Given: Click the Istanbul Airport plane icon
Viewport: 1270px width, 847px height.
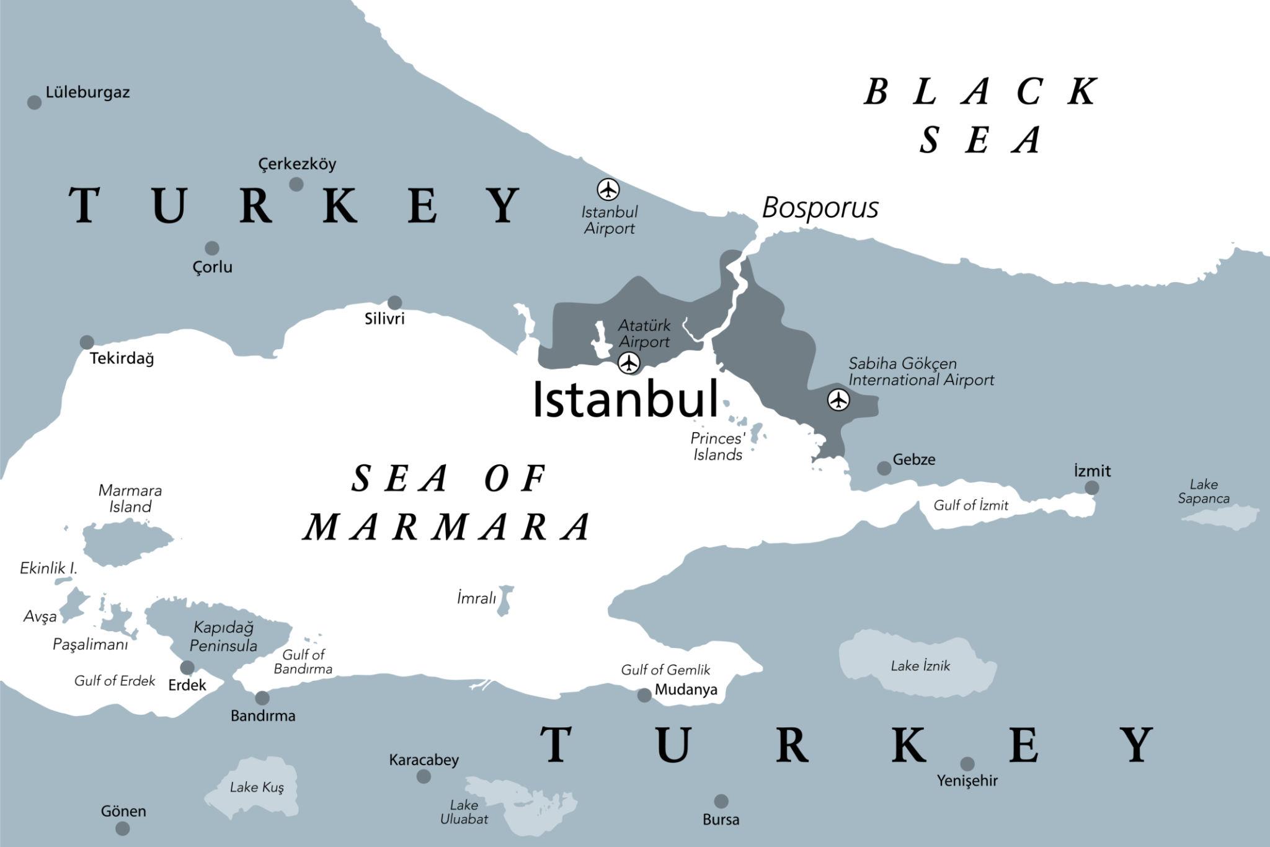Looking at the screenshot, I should (608, 189).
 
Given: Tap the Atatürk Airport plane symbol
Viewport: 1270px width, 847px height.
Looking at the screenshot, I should (629, 362).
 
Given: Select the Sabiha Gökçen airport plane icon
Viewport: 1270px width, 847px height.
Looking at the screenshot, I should (838, 400).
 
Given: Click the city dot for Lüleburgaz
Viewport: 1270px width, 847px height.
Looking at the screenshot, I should (35, 102).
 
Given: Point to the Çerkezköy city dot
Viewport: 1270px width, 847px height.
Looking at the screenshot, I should (296, 184).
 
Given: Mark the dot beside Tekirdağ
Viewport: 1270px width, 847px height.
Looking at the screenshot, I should (87, 342).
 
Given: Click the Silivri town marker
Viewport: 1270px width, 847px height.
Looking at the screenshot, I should (394, 303).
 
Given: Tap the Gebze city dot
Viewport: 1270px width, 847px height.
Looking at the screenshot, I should (884, 468).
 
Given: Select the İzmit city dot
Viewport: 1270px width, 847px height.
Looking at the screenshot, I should (1091, 488).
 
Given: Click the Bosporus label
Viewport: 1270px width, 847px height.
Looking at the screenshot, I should (820, 208).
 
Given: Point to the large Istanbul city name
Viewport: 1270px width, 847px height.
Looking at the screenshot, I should (625, 399).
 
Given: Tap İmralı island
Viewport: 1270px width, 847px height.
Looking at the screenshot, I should (505, 600).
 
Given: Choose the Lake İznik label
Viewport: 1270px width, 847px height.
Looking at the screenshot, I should (920, 667).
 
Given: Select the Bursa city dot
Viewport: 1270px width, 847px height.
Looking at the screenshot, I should (721, 801).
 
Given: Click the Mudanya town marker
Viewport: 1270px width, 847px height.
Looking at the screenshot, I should (644, 695).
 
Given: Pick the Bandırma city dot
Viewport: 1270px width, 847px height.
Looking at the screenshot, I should (262, 698).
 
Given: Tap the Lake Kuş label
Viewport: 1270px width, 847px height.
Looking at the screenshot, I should (257, 787).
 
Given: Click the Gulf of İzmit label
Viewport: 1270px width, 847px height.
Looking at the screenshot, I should (970, 505).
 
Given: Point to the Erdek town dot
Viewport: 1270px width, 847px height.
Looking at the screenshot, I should (187, 668).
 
